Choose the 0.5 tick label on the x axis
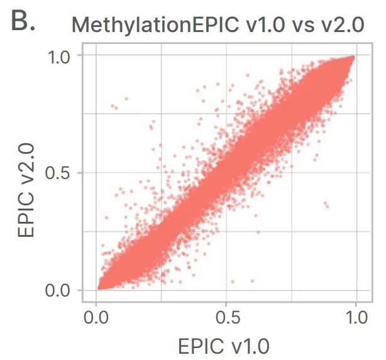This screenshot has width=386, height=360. point(226,317)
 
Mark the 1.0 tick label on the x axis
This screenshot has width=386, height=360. point(356,317)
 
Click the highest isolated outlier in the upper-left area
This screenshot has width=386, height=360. point(126,99)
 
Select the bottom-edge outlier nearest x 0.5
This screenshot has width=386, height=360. point(233,281)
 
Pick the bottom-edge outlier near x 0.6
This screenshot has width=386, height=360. point(253,281)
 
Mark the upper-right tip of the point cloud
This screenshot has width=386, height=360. point(353,57)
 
